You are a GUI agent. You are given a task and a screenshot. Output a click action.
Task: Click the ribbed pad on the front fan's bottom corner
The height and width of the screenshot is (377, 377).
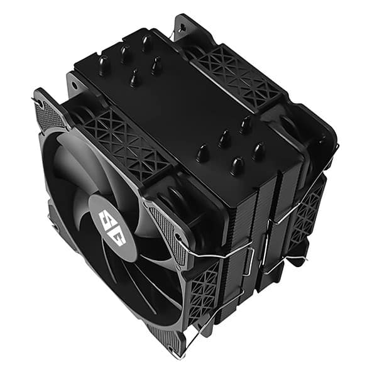pos(165,340)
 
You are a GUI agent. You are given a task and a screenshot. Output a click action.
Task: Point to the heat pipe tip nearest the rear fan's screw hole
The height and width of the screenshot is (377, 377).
pos(147,43)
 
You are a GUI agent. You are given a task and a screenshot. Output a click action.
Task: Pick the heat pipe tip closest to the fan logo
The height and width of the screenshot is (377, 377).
pos(202,153)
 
